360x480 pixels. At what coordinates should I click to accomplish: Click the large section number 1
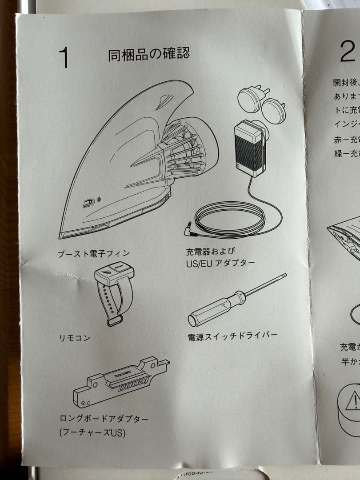pyautogui.click(x=64, y=58)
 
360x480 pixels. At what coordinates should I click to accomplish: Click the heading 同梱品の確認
pyautogui.click(x=148, y=54)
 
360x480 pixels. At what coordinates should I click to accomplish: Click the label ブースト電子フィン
pyautogui.click(x=94, y=254)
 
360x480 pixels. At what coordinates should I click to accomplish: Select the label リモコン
pyautogui.click(x=75, y=338)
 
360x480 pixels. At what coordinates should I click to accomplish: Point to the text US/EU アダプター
pyautogui.click(x=220, y=263)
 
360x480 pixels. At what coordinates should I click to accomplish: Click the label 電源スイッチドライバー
pyautogui.click(x=232, y=336)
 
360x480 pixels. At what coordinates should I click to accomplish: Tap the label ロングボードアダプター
pyautogui.click(x=104, y=419)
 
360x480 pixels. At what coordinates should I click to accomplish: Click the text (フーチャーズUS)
pyautogui.click(x=92, y=432)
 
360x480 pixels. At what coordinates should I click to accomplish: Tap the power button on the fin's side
pyautogui.click(x=88, y=203)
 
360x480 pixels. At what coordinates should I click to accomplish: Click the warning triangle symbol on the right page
pyautogui.click(x=353, y=401)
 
